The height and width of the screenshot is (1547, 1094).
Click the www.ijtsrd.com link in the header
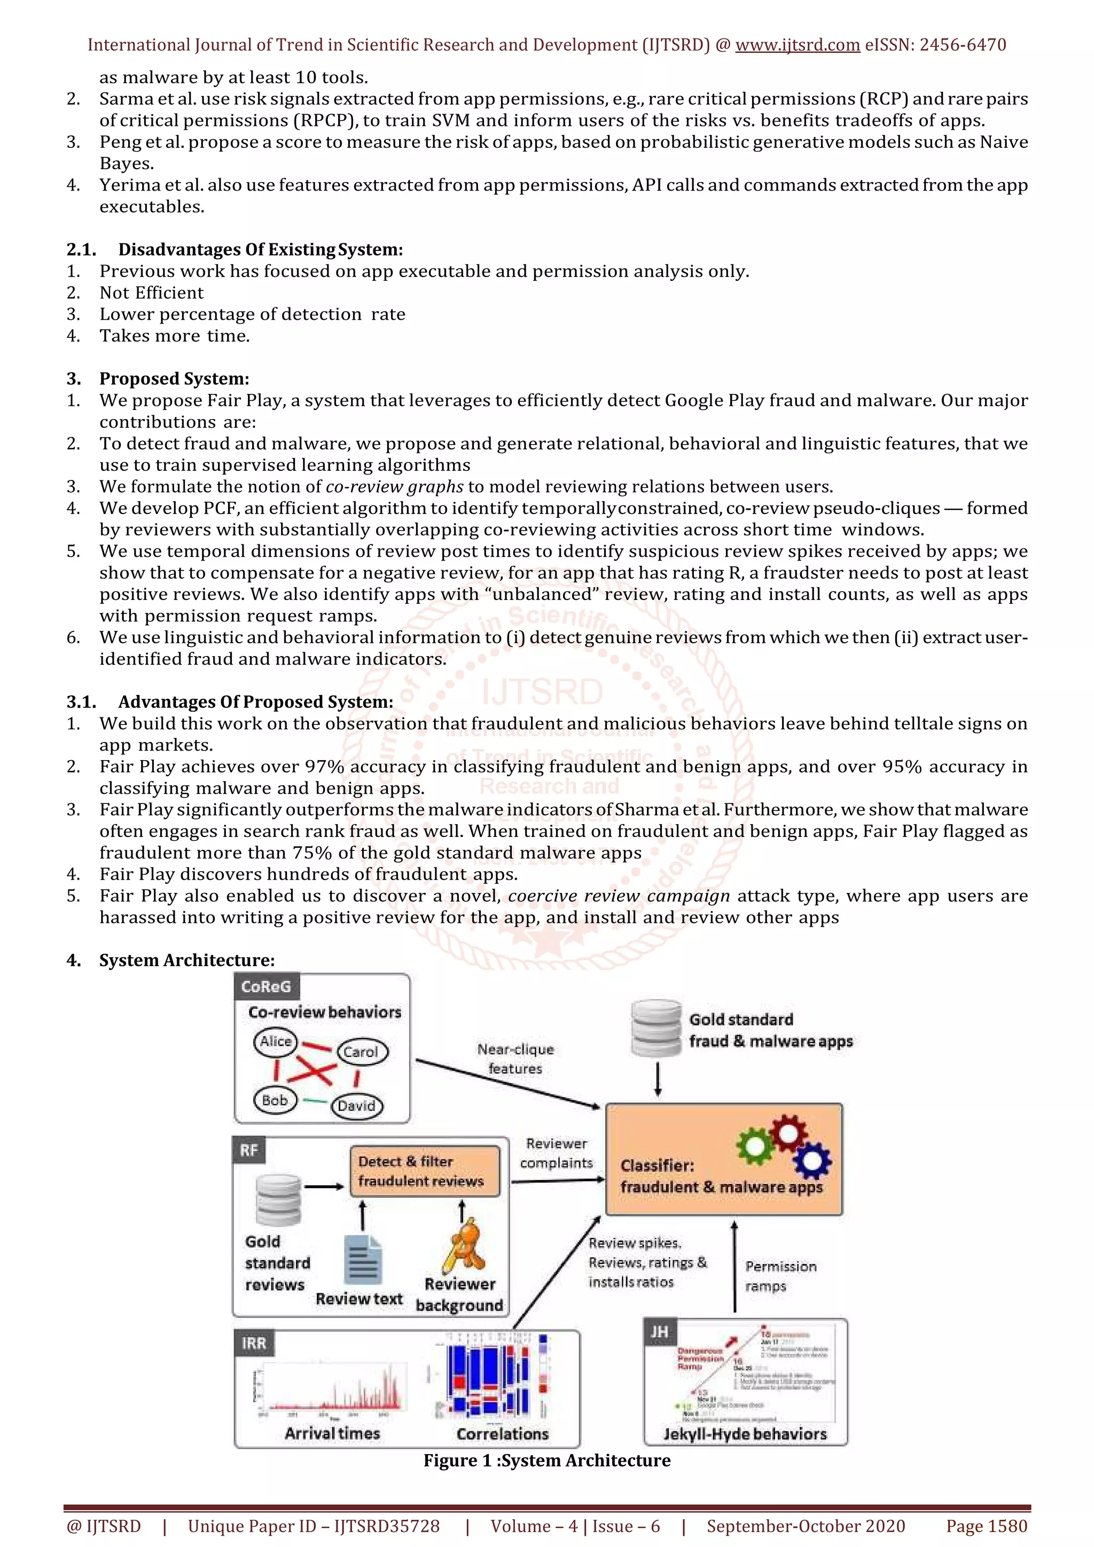797,45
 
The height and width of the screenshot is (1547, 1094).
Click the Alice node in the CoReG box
276,1041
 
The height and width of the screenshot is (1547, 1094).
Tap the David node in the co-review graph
357,1106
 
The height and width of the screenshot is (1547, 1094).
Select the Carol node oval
361,1052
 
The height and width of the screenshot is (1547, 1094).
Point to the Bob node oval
275,1100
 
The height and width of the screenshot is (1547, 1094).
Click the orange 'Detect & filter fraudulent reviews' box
425,1171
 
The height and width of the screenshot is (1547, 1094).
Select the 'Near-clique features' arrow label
515,1059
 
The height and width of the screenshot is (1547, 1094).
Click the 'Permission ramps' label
780,1276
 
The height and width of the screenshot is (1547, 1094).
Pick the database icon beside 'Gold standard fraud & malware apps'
656,1028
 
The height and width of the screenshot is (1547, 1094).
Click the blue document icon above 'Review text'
363,1259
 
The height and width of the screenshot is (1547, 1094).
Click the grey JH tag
659,1332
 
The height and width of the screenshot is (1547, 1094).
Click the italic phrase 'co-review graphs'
394,486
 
